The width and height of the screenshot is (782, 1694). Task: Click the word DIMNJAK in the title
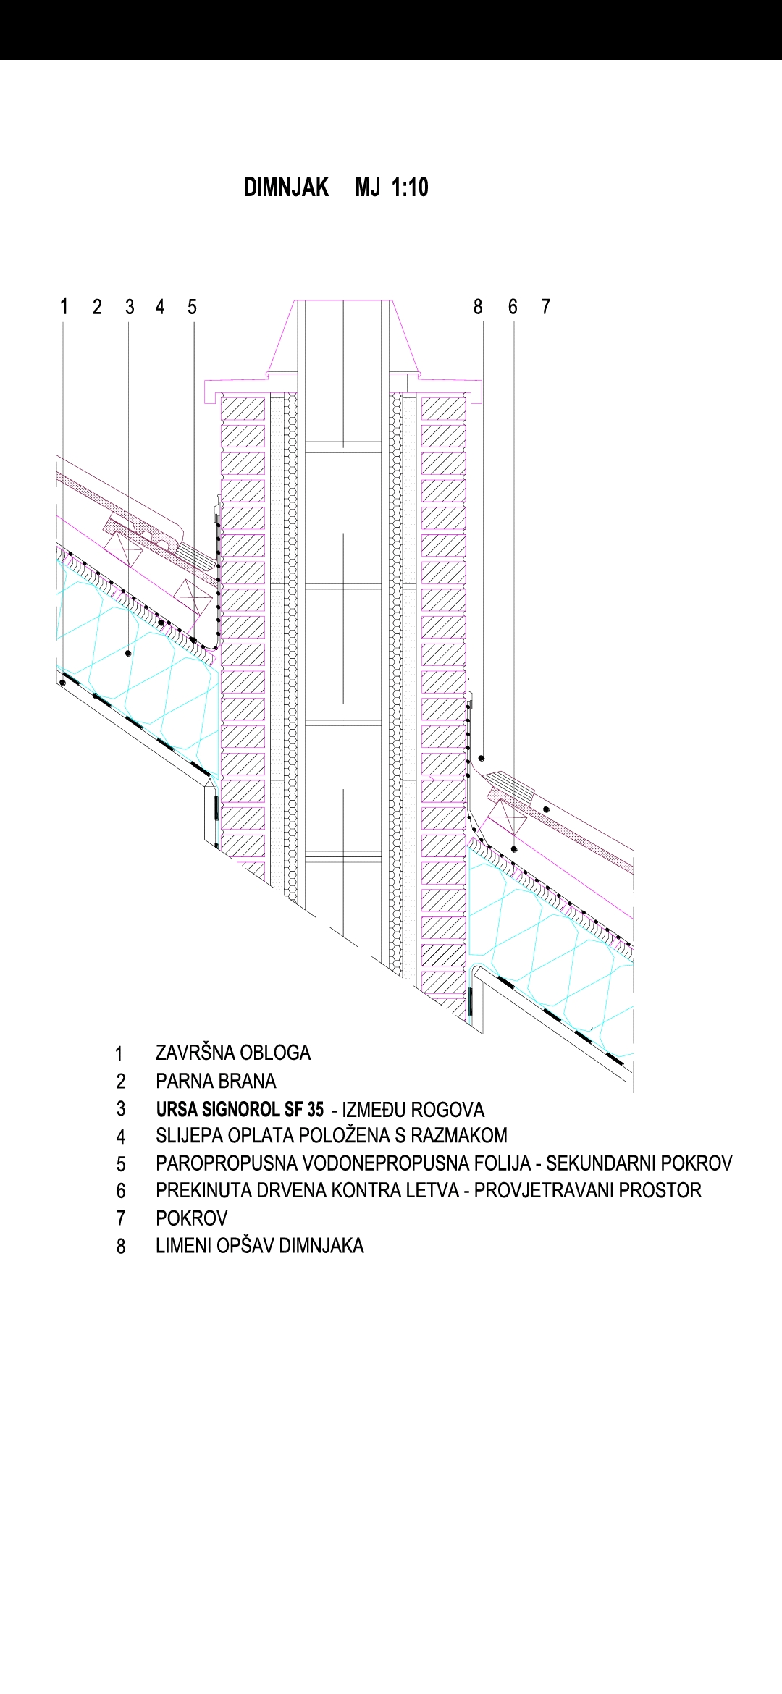(x=286, y=187)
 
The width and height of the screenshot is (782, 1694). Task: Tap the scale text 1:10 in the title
(x=410, y=187)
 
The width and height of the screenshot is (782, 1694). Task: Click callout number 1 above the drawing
(x=64, y=307)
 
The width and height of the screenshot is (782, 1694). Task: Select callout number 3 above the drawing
(x=130, y=307)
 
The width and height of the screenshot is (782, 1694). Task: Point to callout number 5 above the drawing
(x=192, y=307)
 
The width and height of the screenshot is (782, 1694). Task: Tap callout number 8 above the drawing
(x=478, y=307)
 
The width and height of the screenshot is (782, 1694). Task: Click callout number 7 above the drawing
(x=546, y=307)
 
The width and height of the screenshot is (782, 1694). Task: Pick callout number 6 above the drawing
(x=513, y=307)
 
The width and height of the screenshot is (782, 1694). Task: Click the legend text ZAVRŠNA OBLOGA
(x=233, y=1053)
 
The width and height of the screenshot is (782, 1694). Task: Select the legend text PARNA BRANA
(x=216, y=1081)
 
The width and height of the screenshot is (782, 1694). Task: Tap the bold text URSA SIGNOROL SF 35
(x=240, y=1109)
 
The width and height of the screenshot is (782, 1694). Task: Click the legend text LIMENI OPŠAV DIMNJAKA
(x=259, y=1245)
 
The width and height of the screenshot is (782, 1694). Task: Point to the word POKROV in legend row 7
(x=191, y=1218)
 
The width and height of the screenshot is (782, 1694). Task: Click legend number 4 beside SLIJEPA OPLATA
(x=121, y=1137)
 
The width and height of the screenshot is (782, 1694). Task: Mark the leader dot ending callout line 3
(x=129, y=653)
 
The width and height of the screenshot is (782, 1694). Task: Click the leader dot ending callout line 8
(x=481, y=758)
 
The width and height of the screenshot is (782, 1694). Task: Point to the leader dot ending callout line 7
(x=547, y=809)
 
